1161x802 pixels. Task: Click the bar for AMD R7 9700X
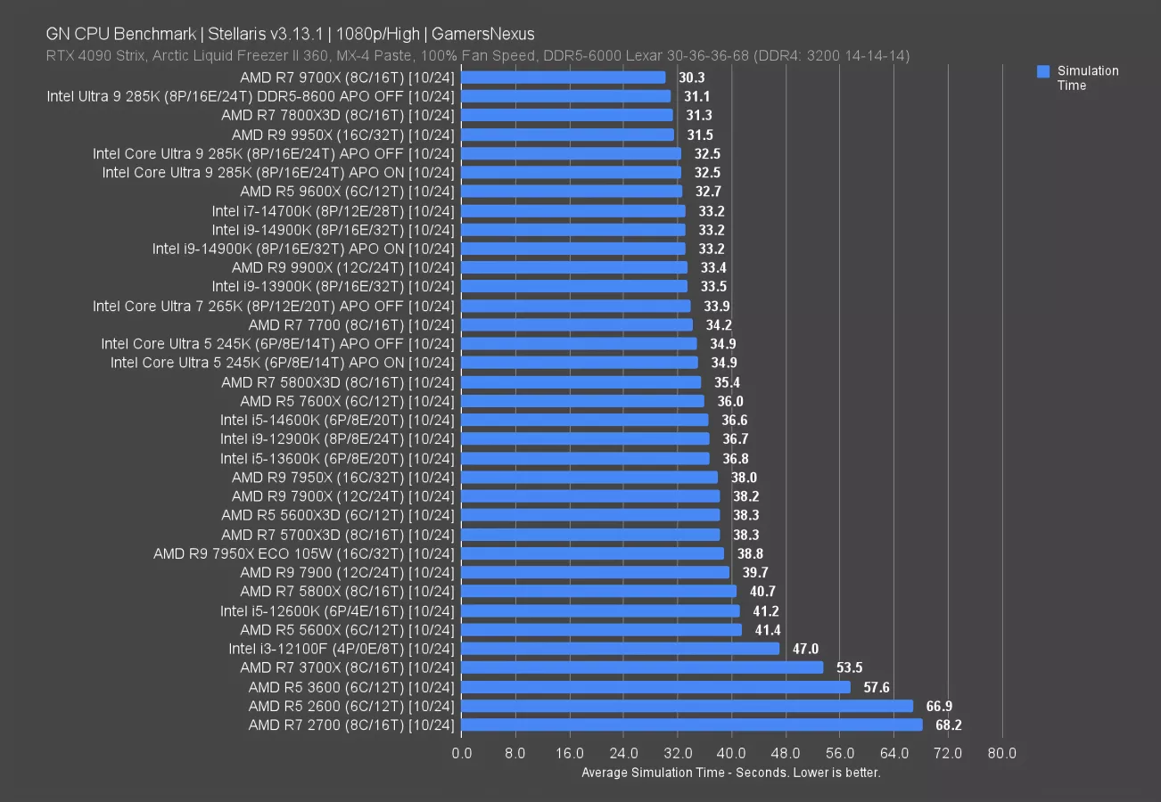point(563,78)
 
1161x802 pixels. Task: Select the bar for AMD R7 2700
point(691,725)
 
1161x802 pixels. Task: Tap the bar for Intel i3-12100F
point(620,649)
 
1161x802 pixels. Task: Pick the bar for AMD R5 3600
point(655,687)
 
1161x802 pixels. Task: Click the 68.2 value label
point(948,725)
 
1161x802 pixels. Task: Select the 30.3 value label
point(691,78)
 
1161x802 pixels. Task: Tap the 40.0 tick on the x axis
point(731,754)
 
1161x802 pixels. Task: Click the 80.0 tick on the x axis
point(1001,754)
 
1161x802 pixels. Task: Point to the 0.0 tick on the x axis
point(462,754)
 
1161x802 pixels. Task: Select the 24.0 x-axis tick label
point(623,754)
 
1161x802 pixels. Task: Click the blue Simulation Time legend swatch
point(1043,71)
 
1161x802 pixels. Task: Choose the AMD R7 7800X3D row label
point(338,115)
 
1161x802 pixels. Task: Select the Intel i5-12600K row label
point(338,610)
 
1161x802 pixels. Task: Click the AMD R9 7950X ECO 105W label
point(304,553)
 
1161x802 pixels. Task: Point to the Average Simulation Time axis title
point(731,773)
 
